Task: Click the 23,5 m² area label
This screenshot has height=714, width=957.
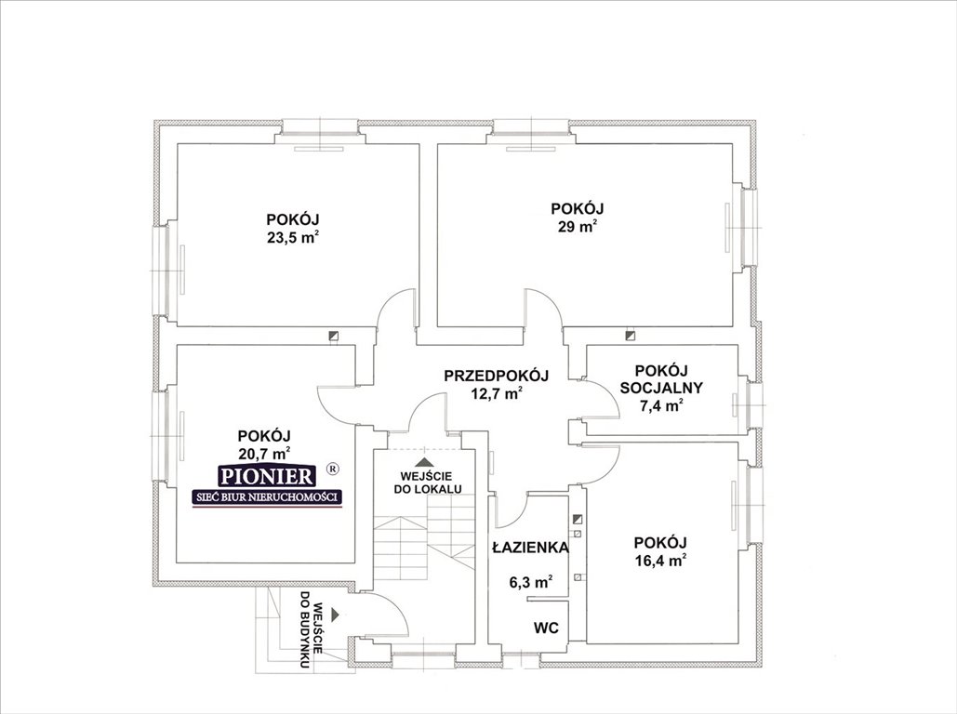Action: coord(294,237)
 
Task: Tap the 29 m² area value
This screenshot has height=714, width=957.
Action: coord(577,227)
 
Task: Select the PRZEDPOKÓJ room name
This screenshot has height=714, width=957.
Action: coord(497,376)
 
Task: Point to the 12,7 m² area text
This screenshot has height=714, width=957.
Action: coord(497,393)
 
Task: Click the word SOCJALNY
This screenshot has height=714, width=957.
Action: coord(661,388)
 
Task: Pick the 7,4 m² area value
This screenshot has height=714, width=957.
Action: coord(661,405)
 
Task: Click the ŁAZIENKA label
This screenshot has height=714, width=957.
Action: coord(530,548)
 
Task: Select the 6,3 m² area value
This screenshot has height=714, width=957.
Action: coord(531,582)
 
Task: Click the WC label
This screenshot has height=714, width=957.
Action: coord(546,628)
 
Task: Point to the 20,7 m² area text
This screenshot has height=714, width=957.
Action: coord(264,454)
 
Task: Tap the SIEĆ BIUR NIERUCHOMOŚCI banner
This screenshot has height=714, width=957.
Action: coord(267,498)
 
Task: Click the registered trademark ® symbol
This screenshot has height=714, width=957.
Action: coord(333,469)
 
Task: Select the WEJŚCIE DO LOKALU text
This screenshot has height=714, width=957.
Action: coord(431,483)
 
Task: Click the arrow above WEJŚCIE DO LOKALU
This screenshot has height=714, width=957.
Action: coord(424,461)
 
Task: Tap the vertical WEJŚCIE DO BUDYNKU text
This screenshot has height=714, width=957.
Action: coord(310,629)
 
